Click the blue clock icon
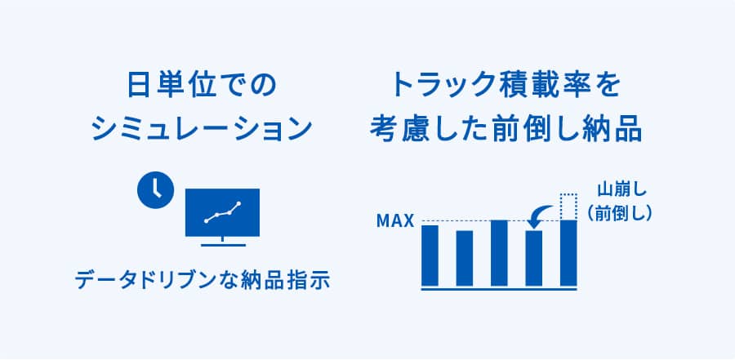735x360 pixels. tap(155, 190)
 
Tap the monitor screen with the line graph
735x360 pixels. tap(222, 212)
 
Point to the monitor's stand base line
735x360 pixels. tap(223, 245)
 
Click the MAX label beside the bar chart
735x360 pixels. tap(395, 220)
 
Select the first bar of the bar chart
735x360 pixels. tap(430, 255)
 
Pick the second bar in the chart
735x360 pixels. tap(465, 258)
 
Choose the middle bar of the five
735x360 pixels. tap(499, 253)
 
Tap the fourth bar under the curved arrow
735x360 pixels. tap(534, 258)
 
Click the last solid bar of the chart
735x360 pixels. tap(568, 253)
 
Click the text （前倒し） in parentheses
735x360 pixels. tap(618, 213)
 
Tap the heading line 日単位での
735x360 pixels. tap(202, 86)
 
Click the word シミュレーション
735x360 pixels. tap(202, 128)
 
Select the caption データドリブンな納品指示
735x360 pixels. tap(203, 280)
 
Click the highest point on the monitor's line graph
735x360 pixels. tap(238, 203)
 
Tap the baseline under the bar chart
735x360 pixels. tap(499, 289)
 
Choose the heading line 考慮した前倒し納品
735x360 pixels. tap(506, 128)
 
